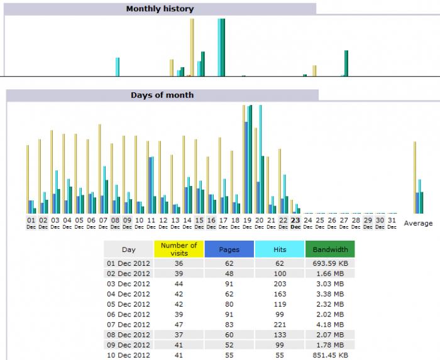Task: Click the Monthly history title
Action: [160, 9]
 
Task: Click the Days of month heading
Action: [162, 95]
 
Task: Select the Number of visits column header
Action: [179, 249]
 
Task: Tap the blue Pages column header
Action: [229, 249]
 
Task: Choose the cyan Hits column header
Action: [279, 249]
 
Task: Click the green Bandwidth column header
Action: [329, 249]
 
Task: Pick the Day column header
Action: [128, 249]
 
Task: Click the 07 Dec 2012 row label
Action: [128, 324]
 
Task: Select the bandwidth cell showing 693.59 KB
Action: [331, 264]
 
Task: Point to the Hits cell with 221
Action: [280, 324]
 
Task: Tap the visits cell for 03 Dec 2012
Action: [179, 284]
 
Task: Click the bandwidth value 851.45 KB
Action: [331, 354]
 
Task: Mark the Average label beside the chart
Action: [418, 223]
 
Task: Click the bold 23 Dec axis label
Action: [295, 223]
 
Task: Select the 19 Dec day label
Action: [247, 223]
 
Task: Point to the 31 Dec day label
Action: [392, 223]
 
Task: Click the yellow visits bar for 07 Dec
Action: [99, 168]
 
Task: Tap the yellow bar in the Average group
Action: [415, 177]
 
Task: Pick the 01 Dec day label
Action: [31, 223]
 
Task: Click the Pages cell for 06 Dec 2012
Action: [229, 314]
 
